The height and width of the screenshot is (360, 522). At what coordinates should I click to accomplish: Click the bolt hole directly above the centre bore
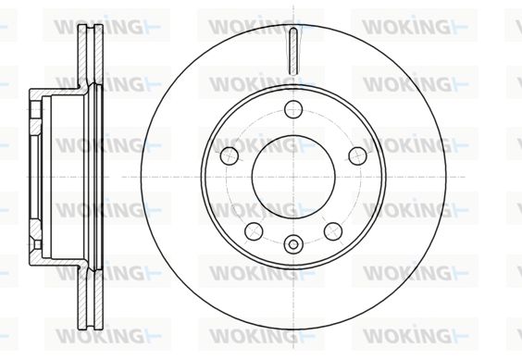coord(293,109)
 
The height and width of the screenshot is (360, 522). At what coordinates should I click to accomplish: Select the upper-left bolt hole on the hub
coord(230,155)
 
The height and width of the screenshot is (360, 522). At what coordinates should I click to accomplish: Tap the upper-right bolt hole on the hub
coord(357,155)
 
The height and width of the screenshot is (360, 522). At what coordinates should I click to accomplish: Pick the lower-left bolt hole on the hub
coord(254,231)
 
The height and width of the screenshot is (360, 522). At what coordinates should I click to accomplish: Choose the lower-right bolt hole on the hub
coord(333,231)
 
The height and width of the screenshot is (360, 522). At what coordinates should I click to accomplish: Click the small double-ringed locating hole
coord(293,244)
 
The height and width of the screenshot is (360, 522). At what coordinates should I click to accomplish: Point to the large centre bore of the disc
coord(293,177)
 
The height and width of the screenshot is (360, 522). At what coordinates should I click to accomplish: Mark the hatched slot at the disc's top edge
coord(293,51)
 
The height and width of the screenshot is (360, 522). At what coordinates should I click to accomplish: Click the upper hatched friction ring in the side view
coord(90,55)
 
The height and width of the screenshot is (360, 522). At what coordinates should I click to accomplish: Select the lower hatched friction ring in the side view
coord(90,298)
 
